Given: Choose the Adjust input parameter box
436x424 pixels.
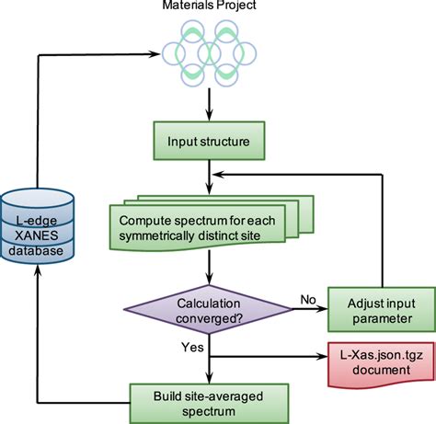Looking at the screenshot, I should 379,308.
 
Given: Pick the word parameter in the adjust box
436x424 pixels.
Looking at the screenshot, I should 379,318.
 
